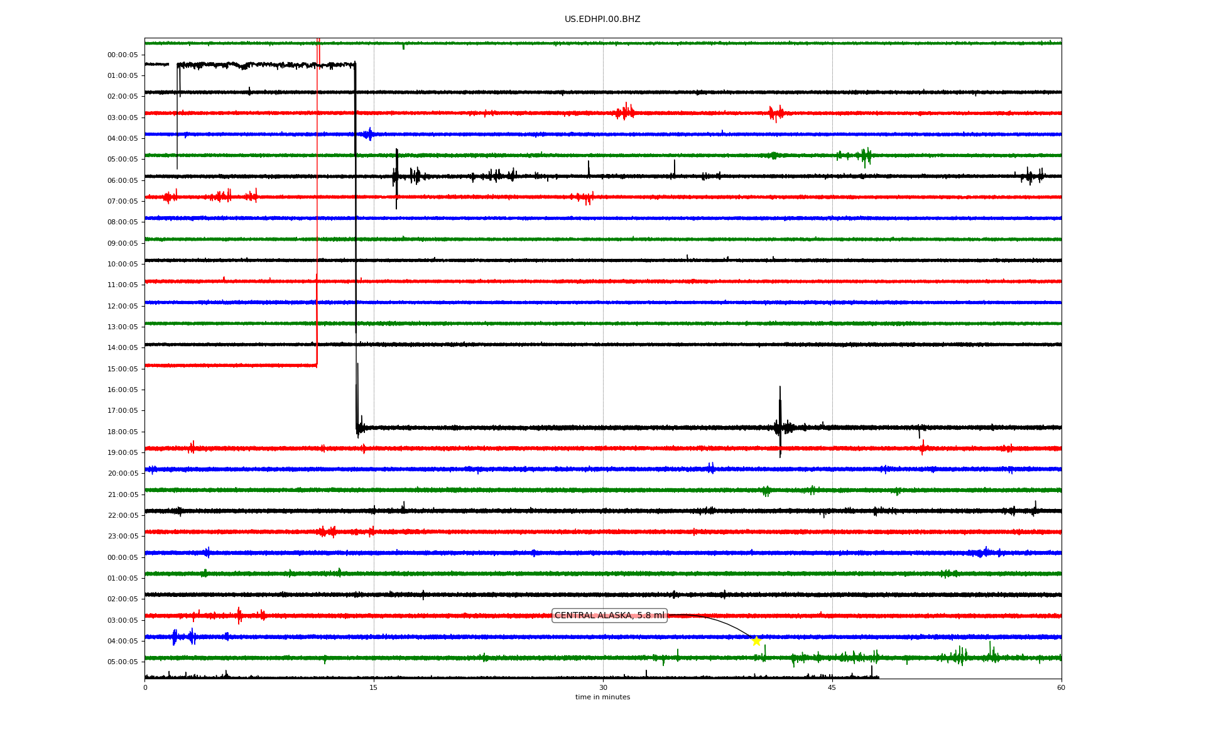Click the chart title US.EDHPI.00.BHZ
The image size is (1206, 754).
point(602,19)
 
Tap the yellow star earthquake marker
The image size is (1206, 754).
point(756,641)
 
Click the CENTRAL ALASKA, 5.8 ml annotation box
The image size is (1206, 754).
point(609,616)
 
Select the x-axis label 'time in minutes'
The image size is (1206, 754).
point(602,697)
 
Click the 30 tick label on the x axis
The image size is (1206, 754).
point(603,687)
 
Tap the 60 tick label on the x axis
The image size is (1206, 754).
point(1061,687)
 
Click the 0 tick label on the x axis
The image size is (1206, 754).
point(145,687)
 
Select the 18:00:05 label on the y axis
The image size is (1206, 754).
point(122,432)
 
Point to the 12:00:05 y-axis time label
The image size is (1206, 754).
point(122,306)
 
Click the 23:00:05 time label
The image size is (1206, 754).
point(122,536)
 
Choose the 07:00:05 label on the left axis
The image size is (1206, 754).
point(122,201)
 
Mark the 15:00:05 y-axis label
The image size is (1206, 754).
point(122,369)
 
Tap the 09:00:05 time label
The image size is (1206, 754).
point(122,243)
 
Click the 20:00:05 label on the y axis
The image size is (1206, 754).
point(122,473)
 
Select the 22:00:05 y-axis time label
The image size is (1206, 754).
point(122,515)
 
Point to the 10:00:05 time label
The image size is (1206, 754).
point(122,264)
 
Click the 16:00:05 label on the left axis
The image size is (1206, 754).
point(122,390)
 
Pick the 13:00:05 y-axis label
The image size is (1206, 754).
point(122,327)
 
